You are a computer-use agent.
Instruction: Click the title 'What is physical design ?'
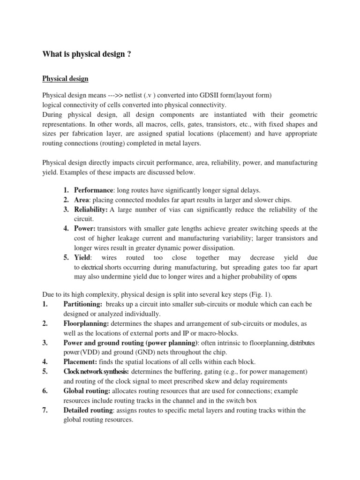[x=87, y=54]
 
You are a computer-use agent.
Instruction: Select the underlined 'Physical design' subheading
[x=66, y=78]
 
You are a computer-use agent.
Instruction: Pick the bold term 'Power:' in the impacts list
[x=85, y=228]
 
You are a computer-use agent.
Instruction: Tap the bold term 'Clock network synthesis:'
[x=96, y=371]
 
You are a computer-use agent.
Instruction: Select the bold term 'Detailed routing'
[x=88, y=410]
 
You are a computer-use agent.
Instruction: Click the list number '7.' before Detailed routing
[x=45, y=410]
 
